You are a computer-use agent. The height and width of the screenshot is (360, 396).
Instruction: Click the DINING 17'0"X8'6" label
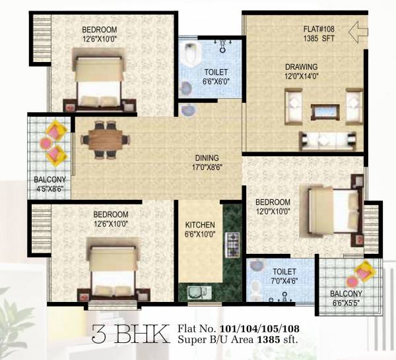pos(206,162)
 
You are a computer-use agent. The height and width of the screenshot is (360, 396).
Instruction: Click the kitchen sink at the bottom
pos(196,291)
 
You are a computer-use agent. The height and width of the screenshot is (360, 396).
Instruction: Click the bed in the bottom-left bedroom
pos(113,271)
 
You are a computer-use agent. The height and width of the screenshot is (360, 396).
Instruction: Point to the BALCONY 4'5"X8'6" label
pos(49,183)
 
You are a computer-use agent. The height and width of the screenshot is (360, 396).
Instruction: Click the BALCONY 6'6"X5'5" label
pos(346,298)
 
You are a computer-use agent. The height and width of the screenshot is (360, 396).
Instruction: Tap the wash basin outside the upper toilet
pos(188,110)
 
